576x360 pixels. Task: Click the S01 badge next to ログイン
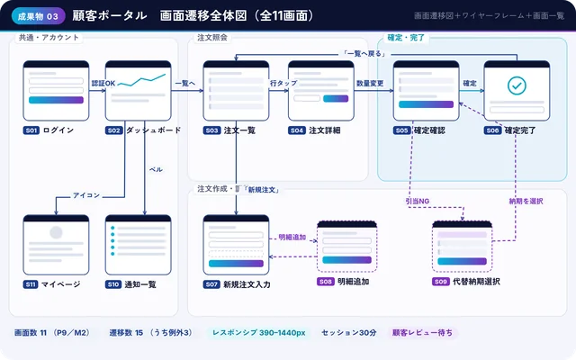[x=31, y=130]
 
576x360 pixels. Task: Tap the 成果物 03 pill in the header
[x=38, y=16]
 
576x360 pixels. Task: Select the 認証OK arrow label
[x=103, y=84]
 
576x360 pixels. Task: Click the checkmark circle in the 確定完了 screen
[x=517, y=85]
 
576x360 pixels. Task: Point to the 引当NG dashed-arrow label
[x=418, y=201]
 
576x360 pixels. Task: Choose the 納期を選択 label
[x=526, y=201]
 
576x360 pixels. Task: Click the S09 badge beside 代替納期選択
[x=441, y=282]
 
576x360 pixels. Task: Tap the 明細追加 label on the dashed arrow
[x=292, y=238]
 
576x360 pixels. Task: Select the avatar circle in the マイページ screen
[x=56, y=232]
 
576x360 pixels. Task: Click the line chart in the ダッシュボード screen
[x=141, y=81]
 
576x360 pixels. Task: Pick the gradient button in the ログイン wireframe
[x=56, y=100]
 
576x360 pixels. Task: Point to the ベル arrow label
[x=156, y=169]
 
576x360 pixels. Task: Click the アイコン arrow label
[x=86, y=195]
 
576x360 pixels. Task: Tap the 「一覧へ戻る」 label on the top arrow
[x=364, y=54]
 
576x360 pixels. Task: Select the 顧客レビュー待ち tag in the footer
[x=422, y=333]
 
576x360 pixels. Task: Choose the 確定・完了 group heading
[x=406, y=38]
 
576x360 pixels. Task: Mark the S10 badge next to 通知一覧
[x=113, y=284]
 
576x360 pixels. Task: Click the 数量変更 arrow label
[x=370, y=84]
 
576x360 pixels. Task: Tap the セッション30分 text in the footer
[x=349, y=333]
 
